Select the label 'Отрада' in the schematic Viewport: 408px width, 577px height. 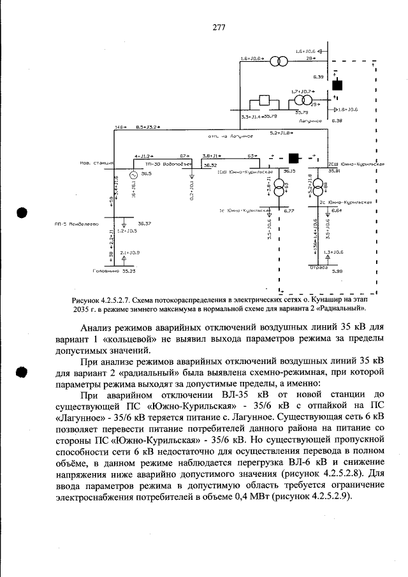[319, 268]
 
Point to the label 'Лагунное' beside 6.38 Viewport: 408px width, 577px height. [312, 120]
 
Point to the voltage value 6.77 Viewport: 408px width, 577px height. [288, 210]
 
